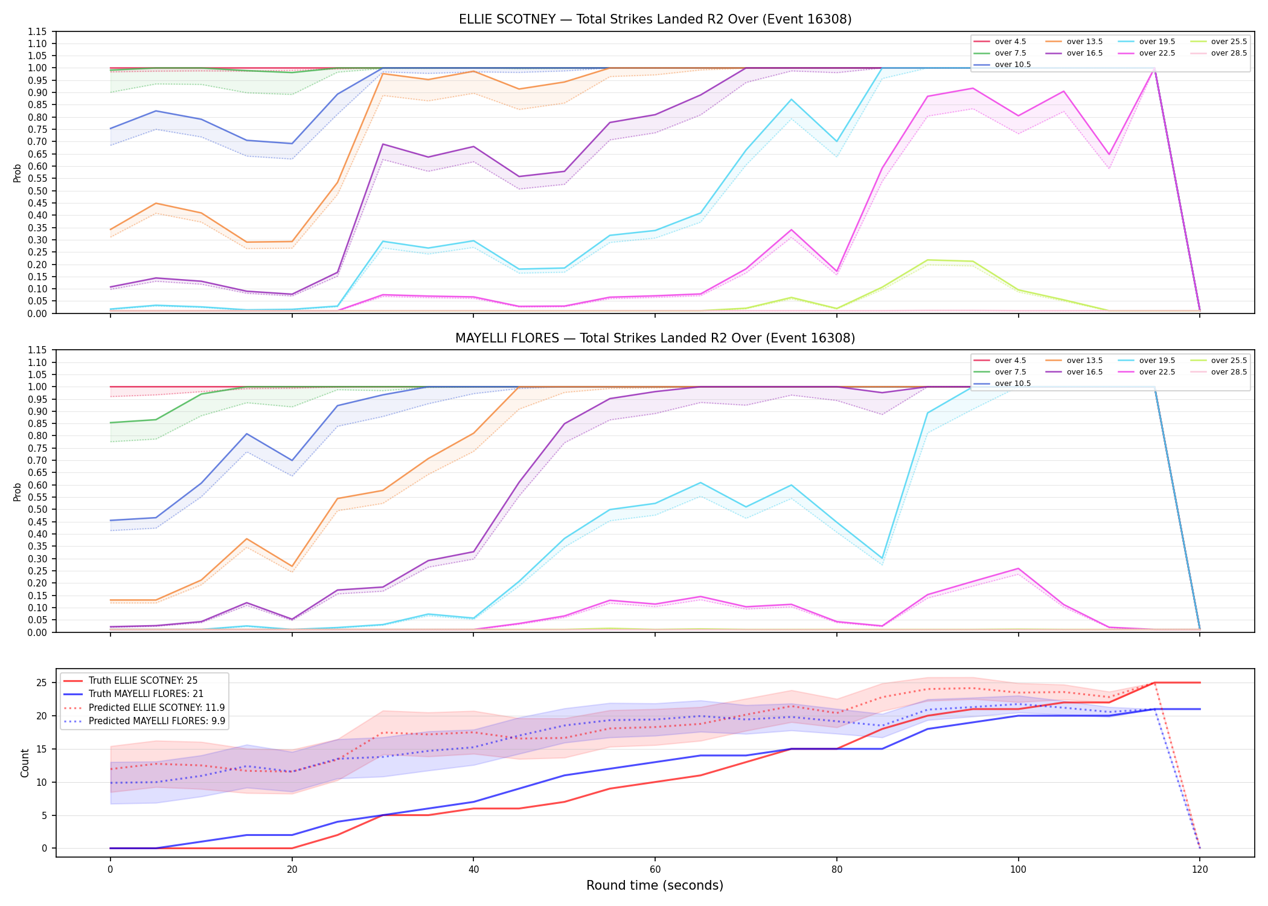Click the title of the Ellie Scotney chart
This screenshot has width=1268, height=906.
click(655, 19)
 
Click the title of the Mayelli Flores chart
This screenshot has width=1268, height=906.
click(655, 338)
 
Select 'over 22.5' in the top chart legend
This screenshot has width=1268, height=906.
click(1157, 53)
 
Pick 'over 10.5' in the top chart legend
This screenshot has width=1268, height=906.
click(1013, 65)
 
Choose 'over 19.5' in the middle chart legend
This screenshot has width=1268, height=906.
click(1157, 361)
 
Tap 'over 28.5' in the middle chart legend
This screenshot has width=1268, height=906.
click(1229, 372)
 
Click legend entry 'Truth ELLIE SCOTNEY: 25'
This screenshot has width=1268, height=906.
click(143, 681)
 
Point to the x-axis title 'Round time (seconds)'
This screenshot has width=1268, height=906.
click(655, 885)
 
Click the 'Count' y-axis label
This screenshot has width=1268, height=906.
click(25, 763)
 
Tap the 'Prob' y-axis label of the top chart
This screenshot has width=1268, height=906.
click(18, 173)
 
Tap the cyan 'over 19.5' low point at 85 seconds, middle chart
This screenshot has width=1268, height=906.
click(882, 559)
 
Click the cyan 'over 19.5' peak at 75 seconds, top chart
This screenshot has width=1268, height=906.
click(791, 99)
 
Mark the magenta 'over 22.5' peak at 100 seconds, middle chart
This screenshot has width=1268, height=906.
click(1018, 568)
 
